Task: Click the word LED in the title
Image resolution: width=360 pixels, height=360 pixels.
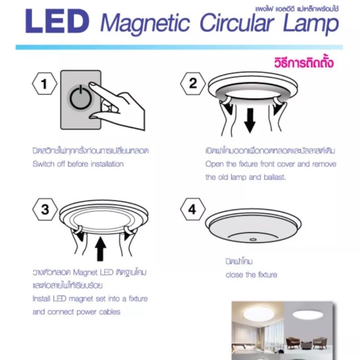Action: click(x=57, y=22)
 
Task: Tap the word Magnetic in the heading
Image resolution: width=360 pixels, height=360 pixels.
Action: click(x=145, y=23)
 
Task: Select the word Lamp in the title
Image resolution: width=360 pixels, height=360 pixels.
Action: click(x=311, y=23)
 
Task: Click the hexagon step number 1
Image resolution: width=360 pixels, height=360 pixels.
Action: click(x=45, y=84)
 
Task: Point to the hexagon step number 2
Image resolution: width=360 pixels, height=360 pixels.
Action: click(x=193, y=83)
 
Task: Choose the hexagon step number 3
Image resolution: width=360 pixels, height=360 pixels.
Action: click(x=45, y=209)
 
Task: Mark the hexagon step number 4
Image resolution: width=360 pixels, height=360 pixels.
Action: click(x=193, y=209)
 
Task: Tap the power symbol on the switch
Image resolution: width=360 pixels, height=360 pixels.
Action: click(x=81, y=97)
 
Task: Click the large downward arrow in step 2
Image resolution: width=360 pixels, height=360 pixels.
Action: click(x=250, y=121)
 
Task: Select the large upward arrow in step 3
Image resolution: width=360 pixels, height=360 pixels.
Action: click(x=100, y=249)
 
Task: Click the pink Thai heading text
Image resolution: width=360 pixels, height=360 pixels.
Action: click(x=304, y=63)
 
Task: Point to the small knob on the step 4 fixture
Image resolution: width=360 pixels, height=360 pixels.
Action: click(x=253, y=239)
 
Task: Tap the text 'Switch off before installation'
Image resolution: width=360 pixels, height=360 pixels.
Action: click(x=78, y=164)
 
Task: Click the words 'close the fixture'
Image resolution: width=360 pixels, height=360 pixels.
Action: click(x=251, y=274)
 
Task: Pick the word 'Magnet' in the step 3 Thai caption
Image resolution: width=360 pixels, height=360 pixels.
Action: click(x=85, y=272)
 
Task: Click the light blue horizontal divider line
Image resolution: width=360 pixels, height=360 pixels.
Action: click(x=179, y=47)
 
